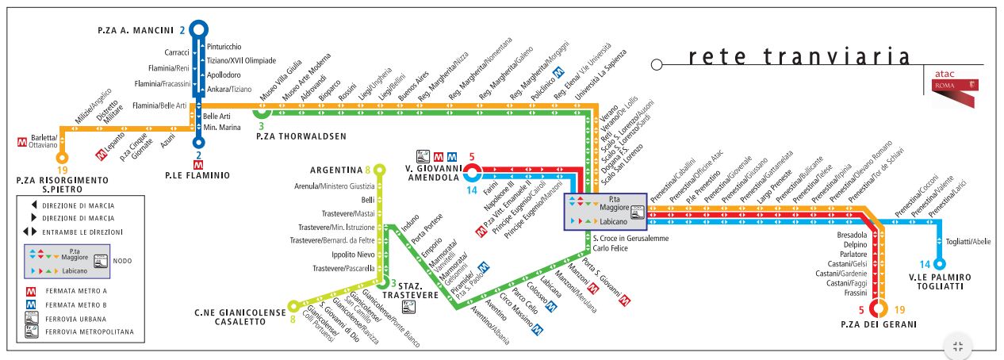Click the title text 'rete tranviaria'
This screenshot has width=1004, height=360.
pos(799,57)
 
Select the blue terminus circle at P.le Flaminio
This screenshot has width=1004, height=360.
pos(199,144)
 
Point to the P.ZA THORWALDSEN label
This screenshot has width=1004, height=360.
pos(301,136)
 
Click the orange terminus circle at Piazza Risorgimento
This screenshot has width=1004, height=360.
pos(61,158)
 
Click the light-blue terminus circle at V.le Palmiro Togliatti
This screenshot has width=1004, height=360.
pos(939,265)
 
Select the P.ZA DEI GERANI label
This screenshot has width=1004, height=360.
pos(879,324)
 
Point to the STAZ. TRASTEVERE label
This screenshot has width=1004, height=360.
pos(415,290)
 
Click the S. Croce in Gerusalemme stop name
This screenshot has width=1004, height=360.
pos(630,239)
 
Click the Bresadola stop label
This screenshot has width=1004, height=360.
pos(853,236)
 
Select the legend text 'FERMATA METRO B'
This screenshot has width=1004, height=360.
pos(75,304)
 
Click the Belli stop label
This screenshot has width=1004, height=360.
pos(367,200)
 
